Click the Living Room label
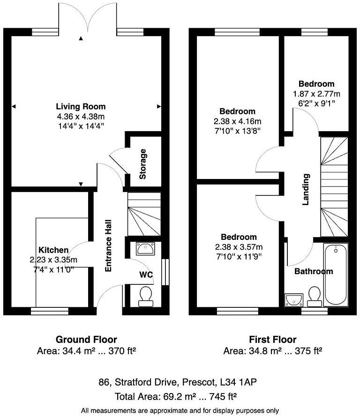pos(81,106)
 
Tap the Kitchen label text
pos(53,250)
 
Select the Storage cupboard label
pos(143,164)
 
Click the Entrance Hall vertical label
pos(108,248)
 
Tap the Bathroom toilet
pos(314,296)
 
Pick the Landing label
pos(306,190)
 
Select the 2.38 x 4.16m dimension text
pos(238,120)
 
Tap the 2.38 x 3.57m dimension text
pos(239,247)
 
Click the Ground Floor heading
pos(86,340)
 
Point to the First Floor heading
pos(273,340)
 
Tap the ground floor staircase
pos(143,215)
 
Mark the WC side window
pos(164,272)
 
